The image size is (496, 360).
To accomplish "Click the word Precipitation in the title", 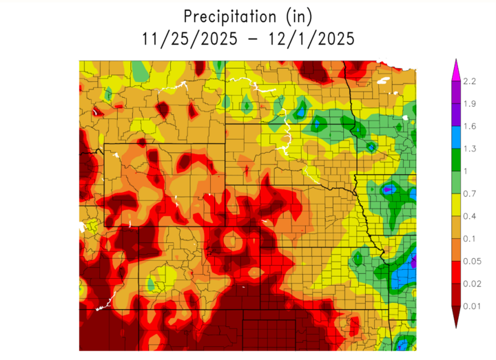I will click(x=227, y=15).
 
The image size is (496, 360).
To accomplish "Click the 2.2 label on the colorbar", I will click(x=471, y=82).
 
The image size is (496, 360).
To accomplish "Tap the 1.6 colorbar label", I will click(x=471, y=126).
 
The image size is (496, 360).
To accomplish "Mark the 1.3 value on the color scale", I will click(x=471, y=149).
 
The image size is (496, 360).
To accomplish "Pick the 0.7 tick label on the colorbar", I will click(x=471, y=193).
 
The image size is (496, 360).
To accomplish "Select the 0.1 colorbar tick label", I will click(x=471, y=238).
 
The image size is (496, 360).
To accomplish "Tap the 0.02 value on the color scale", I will click(x=473, y=283).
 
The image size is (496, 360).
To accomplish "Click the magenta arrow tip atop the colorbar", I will click(x=455, y=67).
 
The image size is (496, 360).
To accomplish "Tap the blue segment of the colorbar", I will click(x=455, y=137).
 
